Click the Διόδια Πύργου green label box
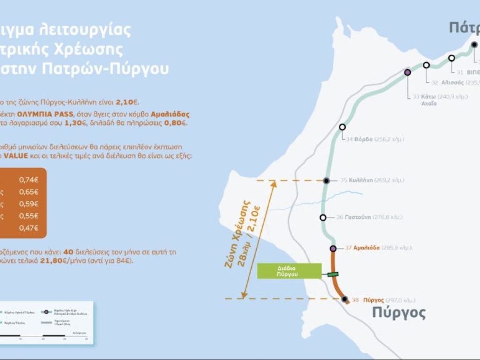pos(289,271)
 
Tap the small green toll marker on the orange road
pos(333,274)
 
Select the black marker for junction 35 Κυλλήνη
pos(326,181)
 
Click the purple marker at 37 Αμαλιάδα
pos(333,248)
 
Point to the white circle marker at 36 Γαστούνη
pos(323,218)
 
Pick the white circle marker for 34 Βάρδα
pos(342,127)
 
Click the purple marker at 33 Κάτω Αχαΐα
pos(408,72)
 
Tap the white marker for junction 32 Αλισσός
pos(426,65)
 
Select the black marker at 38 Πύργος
pos(344,299)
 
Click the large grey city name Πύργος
pos(399,313)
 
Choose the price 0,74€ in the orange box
pos(29,180)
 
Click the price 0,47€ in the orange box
pos(29,228)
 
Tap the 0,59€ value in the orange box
pos(29,204)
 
